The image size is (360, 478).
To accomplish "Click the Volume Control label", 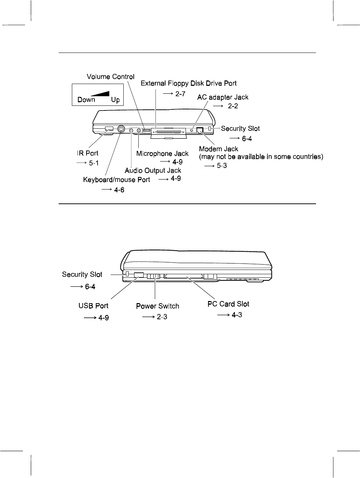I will pyautogui.click(x=111, y=77).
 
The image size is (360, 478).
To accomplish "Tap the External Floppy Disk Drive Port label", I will pyautogui.click(x=188, y=83).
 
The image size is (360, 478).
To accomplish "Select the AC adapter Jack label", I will pyautogui.click(x=223, y=97).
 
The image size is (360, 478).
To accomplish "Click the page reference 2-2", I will pyautogui.click(x=233, y=107).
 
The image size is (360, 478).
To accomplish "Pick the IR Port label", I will pyautogui.click(x=88, y=153).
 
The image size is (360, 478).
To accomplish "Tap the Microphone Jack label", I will pyautogui.click(x=162, y=153).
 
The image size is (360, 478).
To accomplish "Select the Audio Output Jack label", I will pyautogui.click(x=153, y=171).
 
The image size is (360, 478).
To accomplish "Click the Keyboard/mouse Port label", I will pyautogui.click(x=117, y=179).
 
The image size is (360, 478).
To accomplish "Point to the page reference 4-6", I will pyautogui.click(x=119, y=190).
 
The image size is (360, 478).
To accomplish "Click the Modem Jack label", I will pyautogui.click(x=218, y=149).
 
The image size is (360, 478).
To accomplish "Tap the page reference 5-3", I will pyautogui.click(x=222, y=166).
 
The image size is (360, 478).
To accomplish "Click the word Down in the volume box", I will pyautogui.click(x=86, y=100).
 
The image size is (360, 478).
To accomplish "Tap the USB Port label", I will pyautogui.click(x=93, y=306).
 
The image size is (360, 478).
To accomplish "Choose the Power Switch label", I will pyautogui.click(x=157, y=306).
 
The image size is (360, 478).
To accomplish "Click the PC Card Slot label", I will pyautogui.click(x=228, y=304).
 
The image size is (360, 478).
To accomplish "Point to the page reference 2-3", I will pyautogui.click(x=162, y=317).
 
